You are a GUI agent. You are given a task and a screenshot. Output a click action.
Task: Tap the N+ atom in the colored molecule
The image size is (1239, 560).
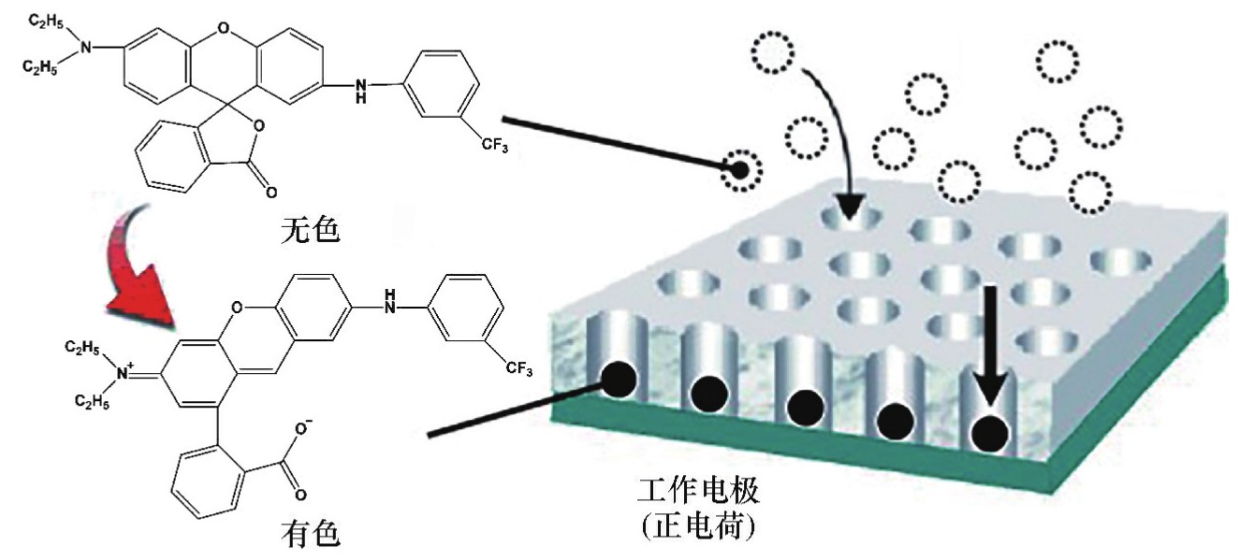click(x=122, y=373)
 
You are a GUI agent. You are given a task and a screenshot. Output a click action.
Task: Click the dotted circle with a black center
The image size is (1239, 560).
click(x=741, y=170)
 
